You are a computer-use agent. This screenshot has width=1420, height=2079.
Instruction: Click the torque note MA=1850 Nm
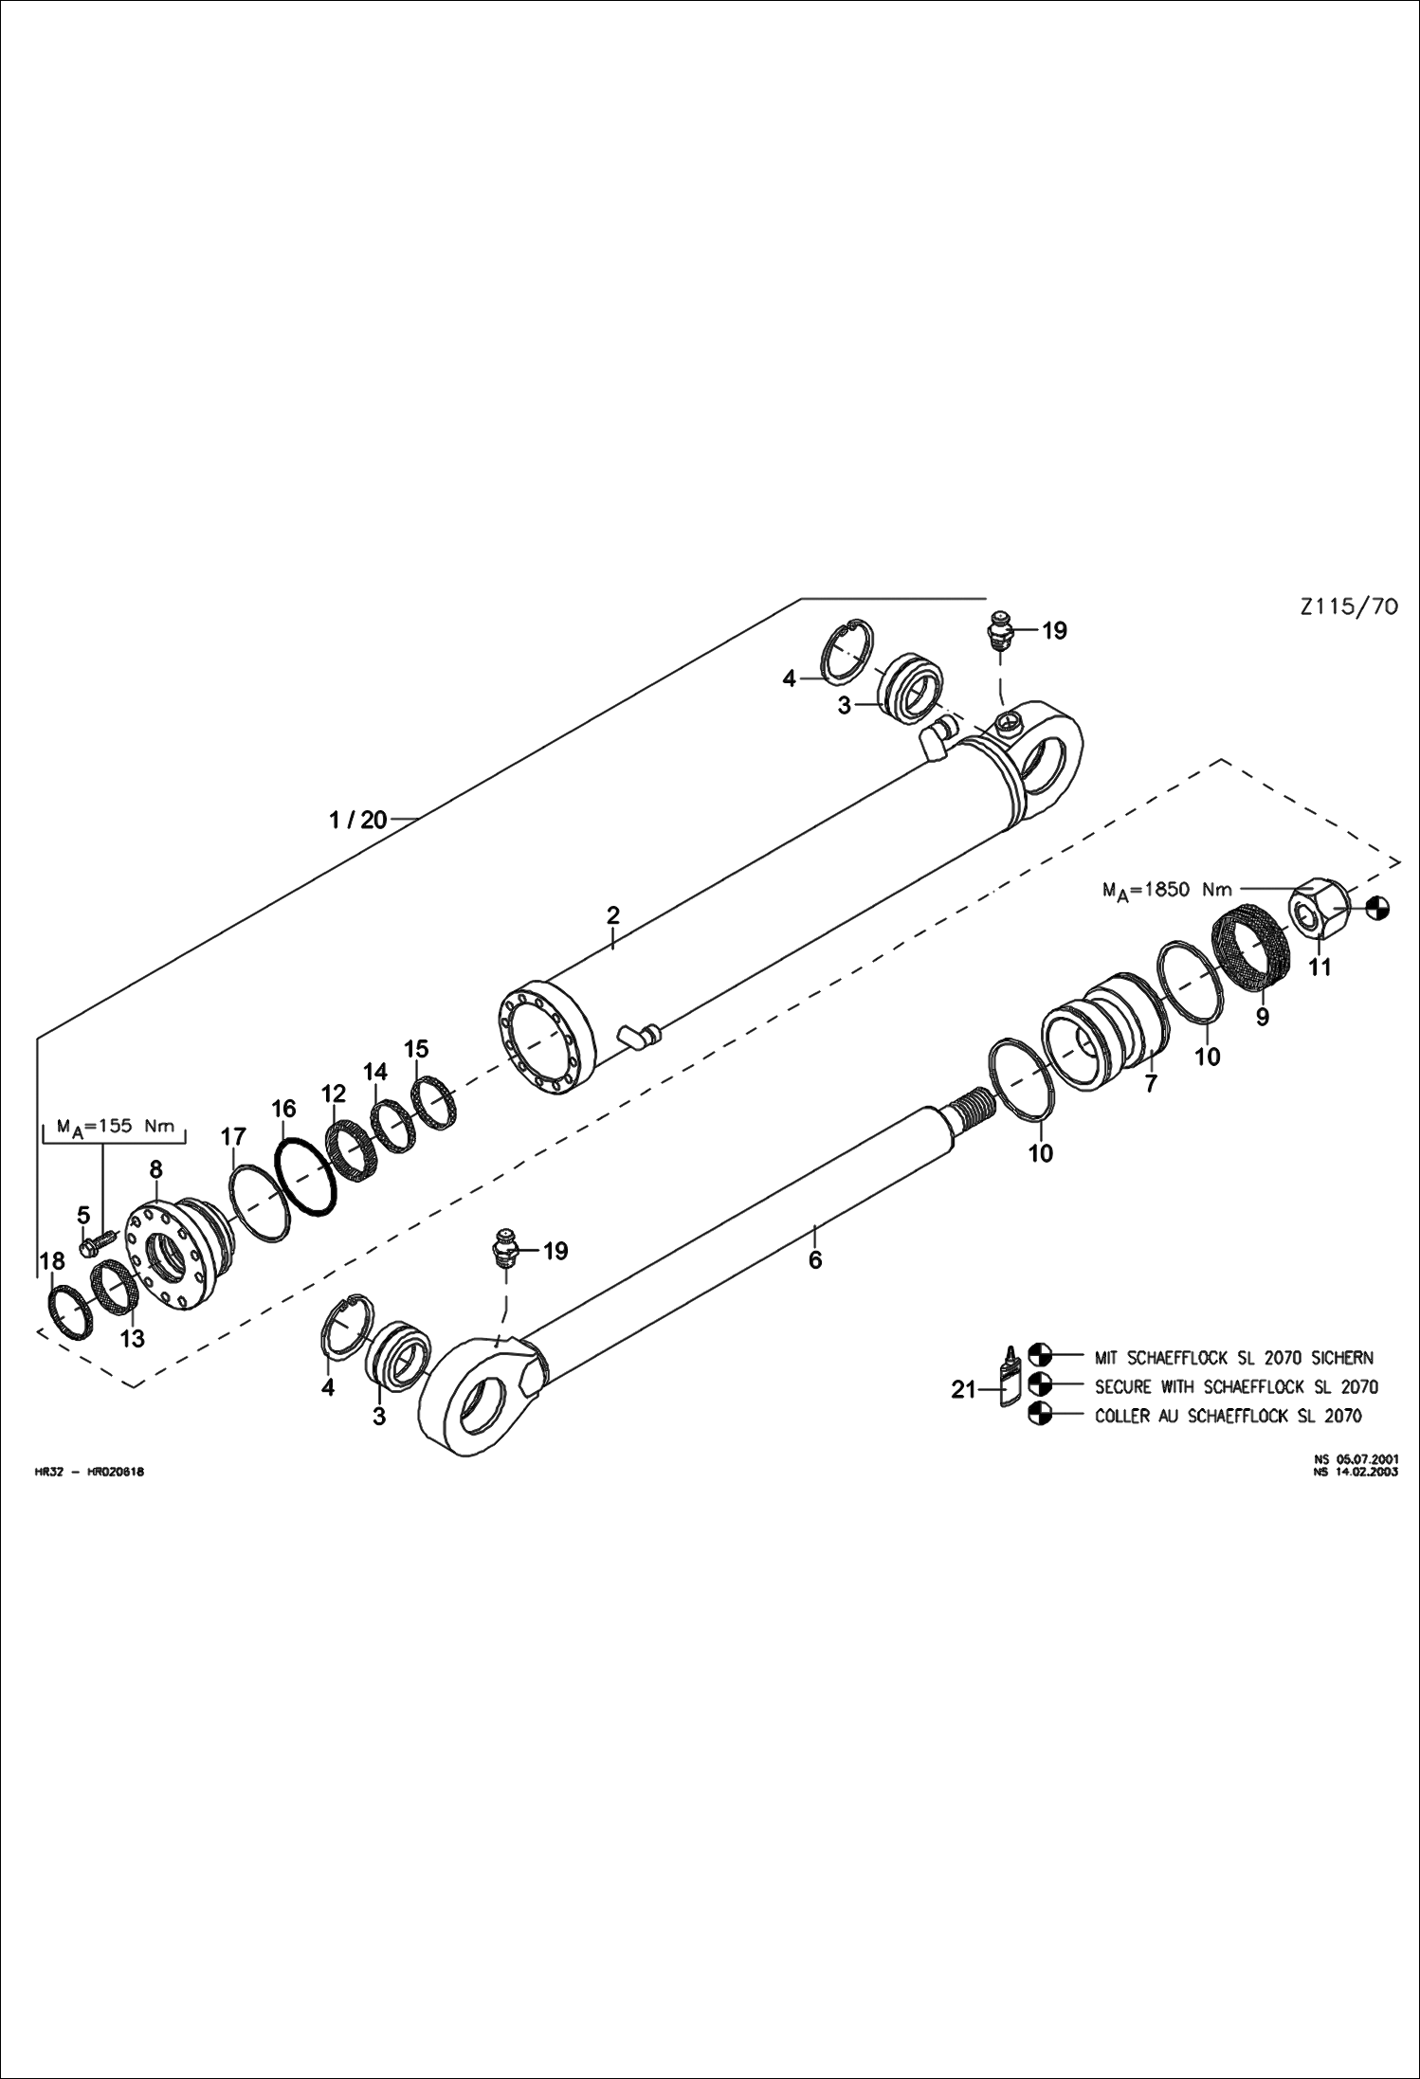(1167, 890)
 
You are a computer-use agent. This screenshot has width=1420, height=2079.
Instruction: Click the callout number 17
(233, 1137)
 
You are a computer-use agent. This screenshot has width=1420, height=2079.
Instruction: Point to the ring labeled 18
(70, 1312)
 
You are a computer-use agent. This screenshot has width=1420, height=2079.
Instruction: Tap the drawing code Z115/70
(1349, 606)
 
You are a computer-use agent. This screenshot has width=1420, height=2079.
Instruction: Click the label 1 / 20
(358, 820)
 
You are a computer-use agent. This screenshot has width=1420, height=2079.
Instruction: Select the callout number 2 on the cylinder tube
(613, 915)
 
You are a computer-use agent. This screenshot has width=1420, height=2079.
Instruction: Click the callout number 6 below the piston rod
(815, 1259)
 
